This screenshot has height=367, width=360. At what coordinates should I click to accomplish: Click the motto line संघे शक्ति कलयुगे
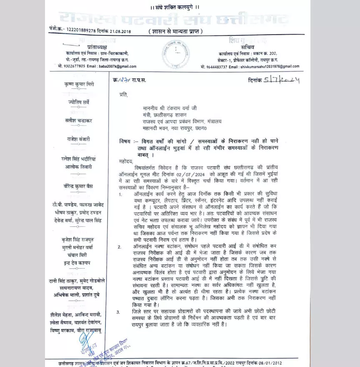click(180, 7)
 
